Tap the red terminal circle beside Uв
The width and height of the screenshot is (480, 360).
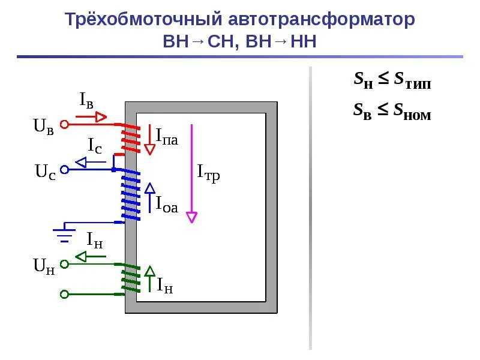[65, 124]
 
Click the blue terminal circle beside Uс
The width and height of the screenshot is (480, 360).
[65, 170]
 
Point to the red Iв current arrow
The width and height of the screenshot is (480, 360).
[93, 116]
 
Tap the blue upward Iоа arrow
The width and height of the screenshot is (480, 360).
[150, 197]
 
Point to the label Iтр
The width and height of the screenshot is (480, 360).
[209, 173]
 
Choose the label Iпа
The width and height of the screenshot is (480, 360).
[167, 136]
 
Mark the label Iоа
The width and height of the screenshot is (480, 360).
[167, 205]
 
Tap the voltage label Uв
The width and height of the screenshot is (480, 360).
[44, 127]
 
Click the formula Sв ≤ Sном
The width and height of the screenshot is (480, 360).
[392, 111]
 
